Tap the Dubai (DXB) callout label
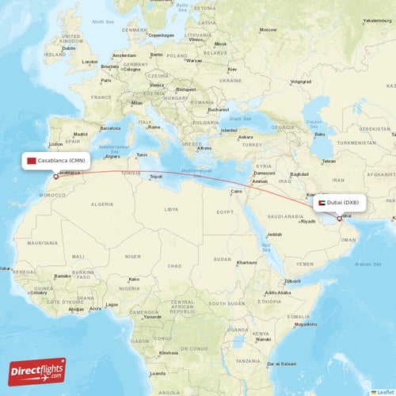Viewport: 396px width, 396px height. [341, 203]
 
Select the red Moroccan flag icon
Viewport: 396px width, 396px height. [32, 161]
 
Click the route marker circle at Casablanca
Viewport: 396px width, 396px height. [55, 176]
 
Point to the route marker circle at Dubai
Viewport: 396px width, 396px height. [339, 219]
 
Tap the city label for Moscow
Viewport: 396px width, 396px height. [268, 29]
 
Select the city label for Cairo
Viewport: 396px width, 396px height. [235, 191]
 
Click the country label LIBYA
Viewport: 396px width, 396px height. [171, 209]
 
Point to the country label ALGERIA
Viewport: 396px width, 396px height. [103, 204]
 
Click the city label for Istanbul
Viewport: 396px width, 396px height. [230, 129]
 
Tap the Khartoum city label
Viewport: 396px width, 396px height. [246, 262]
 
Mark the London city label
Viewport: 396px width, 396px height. [89, 62]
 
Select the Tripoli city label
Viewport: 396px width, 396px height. [156, 177]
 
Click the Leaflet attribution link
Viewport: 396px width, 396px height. [386, 391]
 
